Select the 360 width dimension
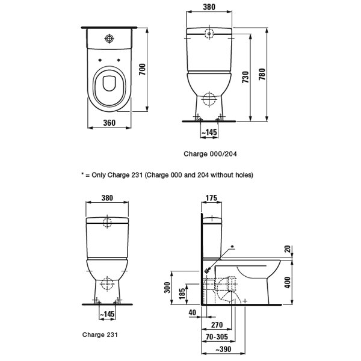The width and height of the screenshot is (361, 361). coord(109,123)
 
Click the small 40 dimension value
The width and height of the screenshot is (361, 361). coord(192,312)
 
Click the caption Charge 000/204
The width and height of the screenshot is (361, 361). coord(211,154)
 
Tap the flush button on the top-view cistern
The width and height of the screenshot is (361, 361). coord(109,39)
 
